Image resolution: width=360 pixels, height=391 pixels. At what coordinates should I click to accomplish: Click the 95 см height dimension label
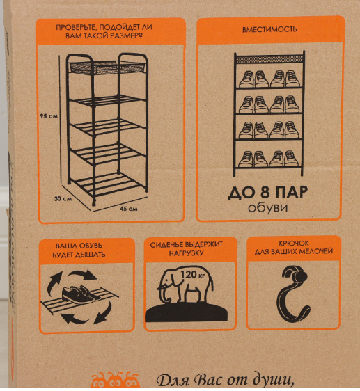coord(49,116)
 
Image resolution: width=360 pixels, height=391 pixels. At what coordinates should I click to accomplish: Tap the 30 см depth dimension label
coord(63,198)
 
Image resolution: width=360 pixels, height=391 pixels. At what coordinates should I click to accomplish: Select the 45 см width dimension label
coord(129,209)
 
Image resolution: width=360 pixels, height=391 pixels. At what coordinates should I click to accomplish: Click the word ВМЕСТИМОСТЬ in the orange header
coord(269,29)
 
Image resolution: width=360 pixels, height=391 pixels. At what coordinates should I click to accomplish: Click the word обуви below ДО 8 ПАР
coord(268,208)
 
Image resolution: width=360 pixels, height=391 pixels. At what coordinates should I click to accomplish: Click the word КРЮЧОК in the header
coord(294,243)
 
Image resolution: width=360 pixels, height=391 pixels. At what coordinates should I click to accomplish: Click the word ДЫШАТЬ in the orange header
coord(92,255)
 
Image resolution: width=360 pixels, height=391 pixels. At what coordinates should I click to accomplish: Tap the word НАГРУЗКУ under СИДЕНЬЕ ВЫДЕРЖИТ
coord(186,253)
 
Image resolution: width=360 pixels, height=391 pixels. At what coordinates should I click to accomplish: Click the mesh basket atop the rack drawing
coord(107,67)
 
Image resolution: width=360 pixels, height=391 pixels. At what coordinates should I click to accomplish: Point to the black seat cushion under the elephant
coord(187,312)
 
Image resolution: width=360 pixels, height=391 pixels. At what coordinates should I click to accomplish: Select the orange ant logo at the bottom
coord(115,381)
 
